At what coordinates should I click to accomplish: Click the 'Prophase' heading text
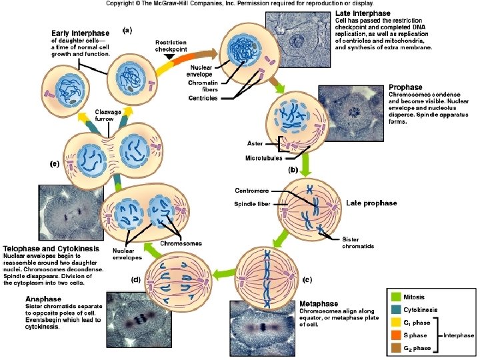coord(405,87)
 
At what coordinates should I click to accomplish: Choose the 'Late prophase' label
coord(371,203)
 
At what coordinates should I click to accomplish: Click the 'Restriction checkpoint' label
coord(171,45)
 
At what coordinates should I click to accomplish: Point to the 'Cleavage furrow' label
coord(108,115)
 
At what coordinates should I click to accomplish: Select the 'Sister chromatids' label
coord(359,243)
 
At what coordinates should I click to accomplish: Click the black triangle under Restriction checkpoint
coord(171,57)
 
